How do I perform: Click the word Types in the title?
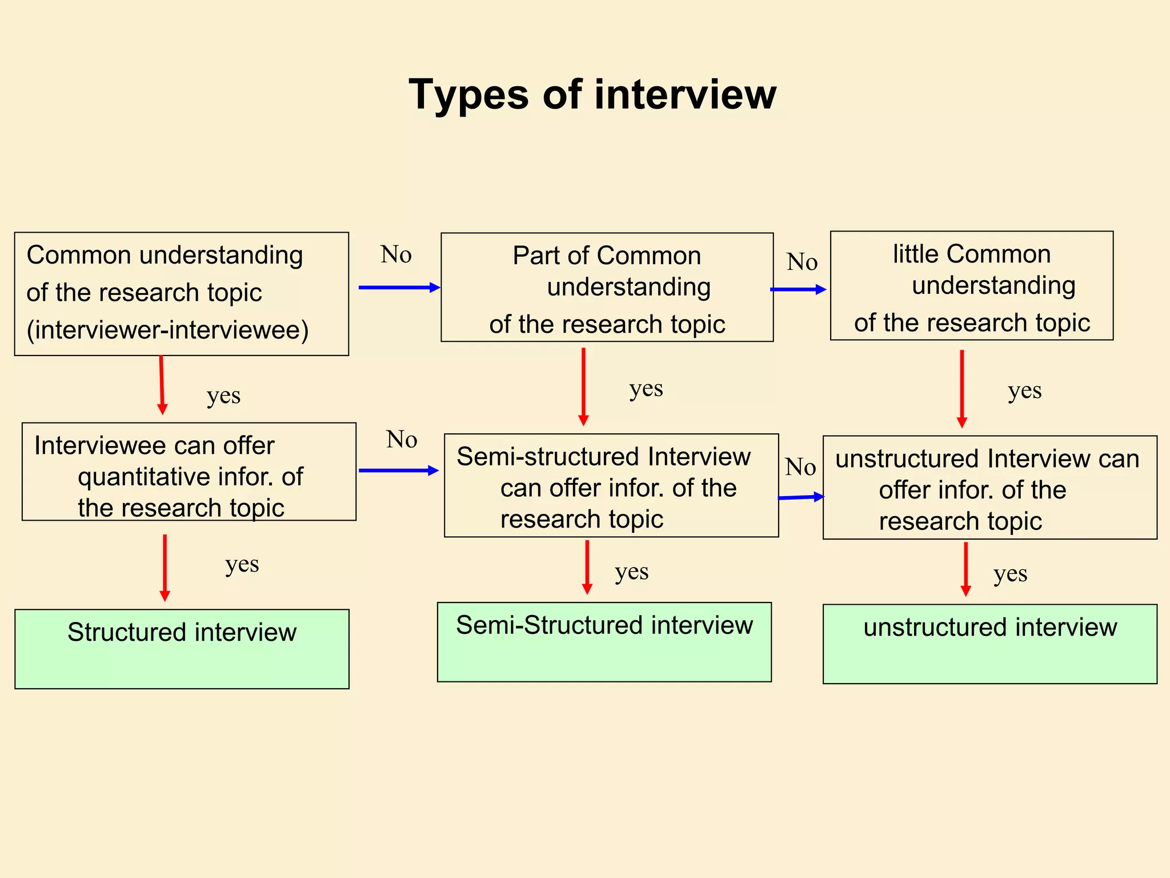point(468,95)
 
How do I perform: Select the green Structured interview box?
point(182,649)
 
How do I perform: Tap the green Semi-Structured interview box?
point(604,642)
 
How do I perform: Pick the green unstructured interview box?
point(989,644)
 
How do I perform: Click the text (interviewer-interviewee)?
point(167,330)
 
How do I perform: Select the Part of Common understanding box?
point(607,288)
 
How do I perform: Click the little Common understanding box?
point(971,286)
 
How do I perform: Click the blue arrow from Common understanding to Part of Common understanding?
point(399,288)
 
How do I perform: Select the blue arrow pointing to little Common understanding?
point(798,289)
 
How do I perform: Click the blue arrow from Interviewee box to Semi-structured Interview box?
point(398,470)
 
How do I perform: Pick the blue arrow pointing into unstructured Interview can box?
point(801,497)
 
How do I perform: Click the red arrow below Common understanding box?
point(162,384)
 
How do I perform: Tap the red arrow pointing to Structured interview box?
point(165,567)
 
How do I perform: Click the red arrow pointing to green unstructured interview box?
point(965,568)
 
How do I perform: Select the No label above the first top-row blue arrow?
point(396,254)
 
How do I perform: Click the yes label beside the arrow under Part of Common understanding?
point(646,389)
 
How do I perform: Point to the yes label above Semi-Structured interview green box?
point(631,572)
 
